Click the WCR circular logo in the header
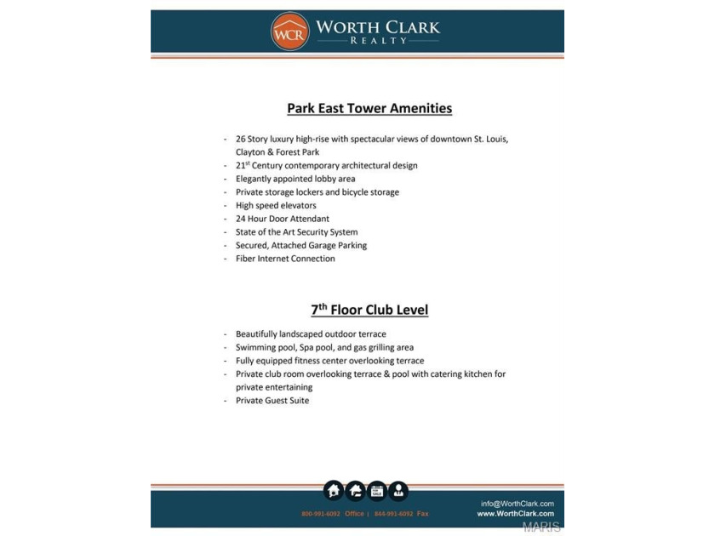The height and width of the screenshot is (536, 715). coord(289,31)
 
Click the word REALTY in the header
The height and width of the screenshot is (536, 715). coord(379,41)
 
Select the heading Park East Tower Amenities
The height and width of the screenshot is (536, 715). coord(369,108)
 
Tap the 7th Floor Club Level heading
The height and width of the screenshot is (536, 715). coord(369,310)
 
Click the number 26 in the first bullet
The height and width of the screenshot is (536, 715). coord(241,139)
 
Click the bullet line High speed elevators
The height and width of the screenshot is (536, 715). coord(276,205)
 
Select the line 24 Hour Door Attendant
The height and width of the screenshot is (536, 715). coord(282,219)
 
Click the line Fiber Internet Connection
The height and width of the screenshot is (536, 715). coord(285,259)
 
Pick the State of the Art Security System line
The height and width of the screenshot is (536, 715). coord(296,232)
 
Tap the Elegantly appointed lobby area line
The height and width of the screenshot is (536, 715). coord(295,179)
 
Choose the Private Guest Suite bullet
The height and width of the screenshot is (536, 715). coord(272,401)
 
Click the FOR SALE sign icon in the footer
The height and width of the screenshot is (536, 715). coord(376,491)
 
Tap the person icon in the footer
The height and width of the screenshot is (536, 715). coord(398,491)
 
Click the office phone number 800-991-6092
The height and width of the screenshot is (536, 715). coord(320,514)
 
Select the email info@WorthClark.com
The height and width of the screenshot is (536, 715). coord(517,504)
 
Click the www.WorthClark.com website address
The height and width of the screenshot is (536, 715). coord(515,514)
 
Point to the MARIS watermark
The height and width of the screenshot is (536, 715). coord(542,527)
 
